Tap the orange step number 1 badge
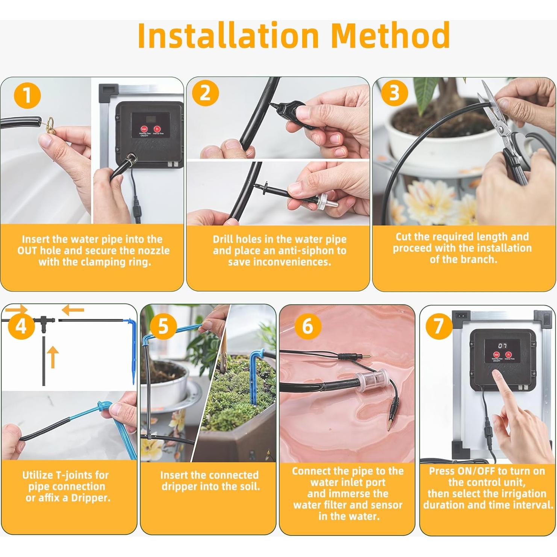(x=27, y=95)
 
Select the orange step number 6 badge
(x=307, y=325)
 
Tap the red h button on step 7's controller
(x=508, y=354)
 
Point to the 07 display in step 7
(x=502, y=345)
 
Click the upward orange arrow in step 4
(x=53, y=357)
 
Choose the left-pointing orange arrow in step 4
(x=73, y=310)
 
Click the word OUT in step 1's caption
(x=27, y=251)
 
